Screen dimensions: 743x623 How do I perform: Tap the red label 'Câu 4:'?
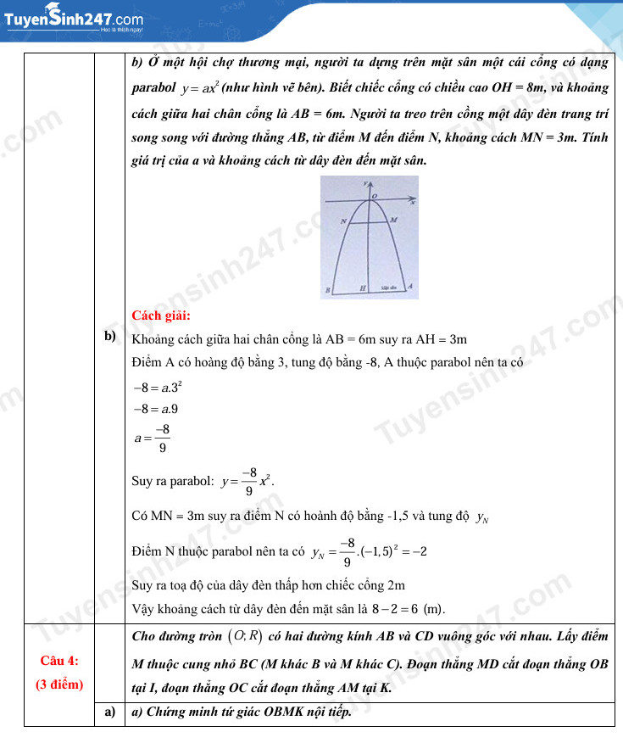click(59, 660)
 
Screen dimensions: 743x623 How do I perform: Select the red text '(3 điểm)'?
click(59, 684)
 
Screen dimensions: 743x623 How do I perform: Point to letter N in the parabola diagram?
click(342, 221)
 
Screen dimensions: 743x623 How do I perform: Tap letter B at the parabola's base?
click(327, 291)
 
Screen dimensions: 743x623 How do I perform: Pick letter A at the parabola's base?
click(410, 287)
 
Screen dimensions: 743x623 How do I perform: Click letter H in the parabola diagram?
click(364, 289)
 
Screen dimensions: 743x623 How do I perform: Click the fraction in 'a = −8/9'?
click(162, 438)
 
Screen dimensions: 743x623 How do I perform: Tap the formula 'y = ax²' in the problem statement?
click(200, 88)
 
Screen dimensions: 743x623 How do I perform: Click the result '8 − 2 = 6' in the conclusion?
click(395, 609)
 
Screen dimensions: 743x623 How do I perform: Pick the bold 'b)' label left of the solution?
click(109, 337)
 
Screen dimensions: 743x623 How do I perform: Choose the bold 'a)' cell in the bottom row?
click(109, 712)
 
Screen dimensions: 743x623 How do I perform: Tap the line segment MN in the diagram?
click(368, 223)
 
